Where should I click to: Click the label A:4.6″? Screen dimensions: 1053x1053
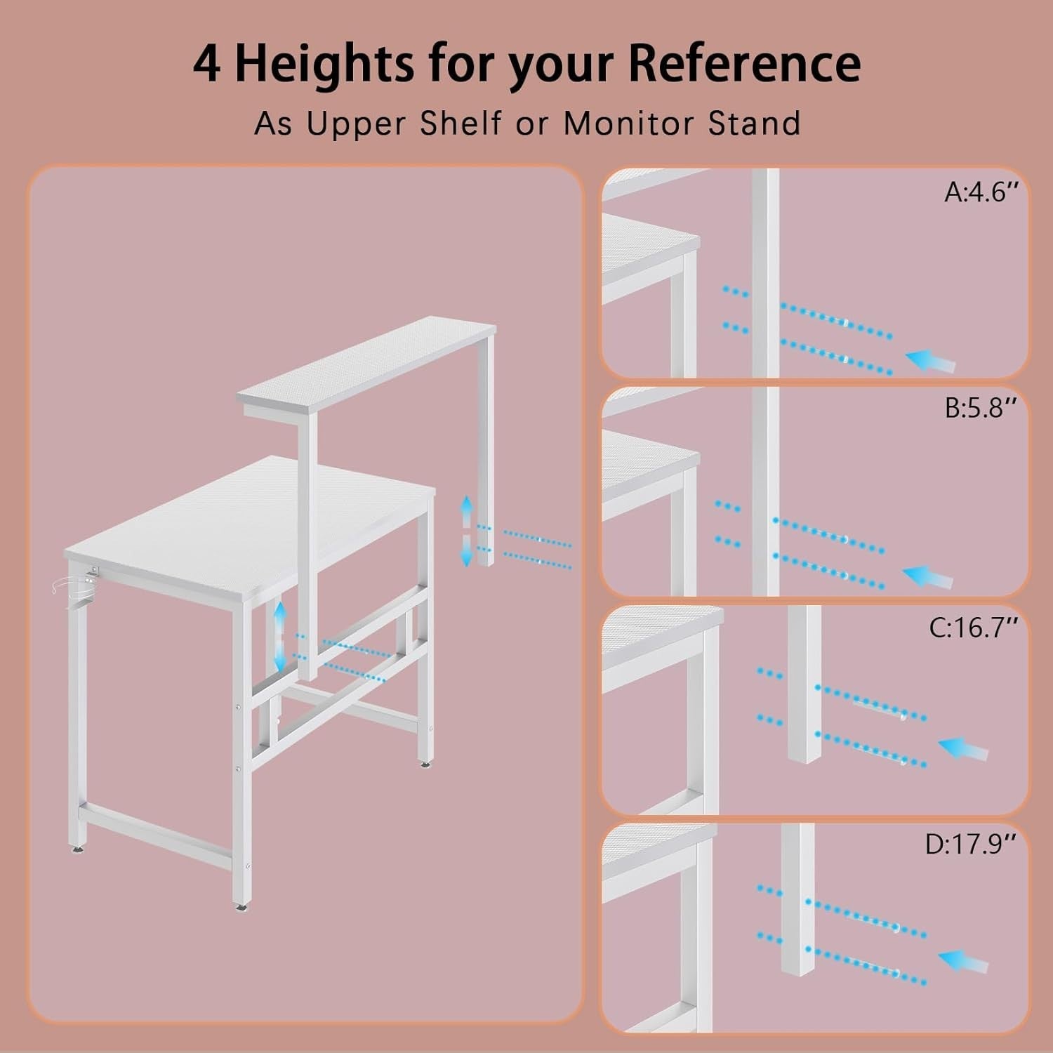[981, 192]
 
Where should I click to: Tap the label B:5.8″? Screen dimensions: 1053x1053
[981, 408]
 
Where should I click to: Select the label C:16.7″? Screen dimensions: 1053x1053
[973, 628]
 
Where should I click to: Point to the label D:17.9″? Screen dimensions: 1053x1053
[971, 844]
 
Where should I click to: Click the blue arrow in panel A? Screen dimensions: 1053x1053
[931, 362]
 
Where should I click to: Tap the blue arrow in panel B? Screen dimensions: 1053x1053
[927, 577]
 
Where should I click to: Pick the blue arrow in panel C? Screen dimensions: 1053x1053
[963, 749]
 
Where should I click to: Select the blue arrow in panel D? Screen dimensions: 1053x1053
[963, 961]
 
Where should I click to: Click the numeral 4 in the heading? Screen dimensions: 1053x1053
[207, 63]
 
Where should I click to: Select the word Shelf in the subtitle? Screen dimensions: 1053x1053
[461, 124]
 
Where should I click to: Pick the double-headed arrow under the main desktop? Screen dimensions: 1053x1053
[280, 636]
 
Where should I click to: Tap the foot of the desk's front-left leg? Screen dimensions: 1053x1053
[242, 906]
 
